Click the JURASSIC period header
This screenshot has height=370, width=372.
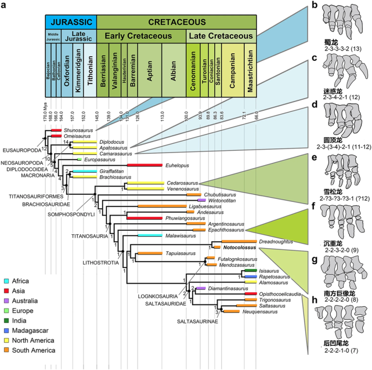tap(71, 22)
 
